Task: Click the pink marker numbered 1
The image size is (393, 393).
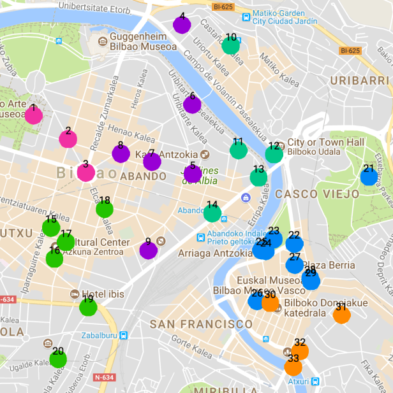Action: click(33, 115)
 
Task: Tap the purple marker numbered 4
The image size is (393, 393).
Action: click(182, 25)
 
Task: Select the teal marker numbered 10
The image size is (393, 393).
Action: click(230, 45)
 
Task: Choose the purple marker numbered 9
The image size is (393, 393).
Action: click(148, 250)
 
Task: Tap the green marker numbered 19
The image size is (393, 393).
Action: click(88, 307)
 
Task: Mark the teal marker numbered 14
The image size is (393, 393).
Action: click(212, 213)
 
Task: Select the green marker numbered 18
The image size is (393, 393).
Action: click(105, 208)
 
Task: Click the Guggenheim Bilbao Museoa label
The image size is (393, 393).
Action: click(142, 41)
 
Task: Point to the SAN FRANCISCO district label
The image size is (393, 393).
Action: click(201, 324)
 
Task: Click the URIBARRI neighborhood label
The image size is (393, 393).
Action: click(359, 81)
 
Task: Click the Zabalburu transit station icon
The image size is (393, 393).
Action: click(123, 335)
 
